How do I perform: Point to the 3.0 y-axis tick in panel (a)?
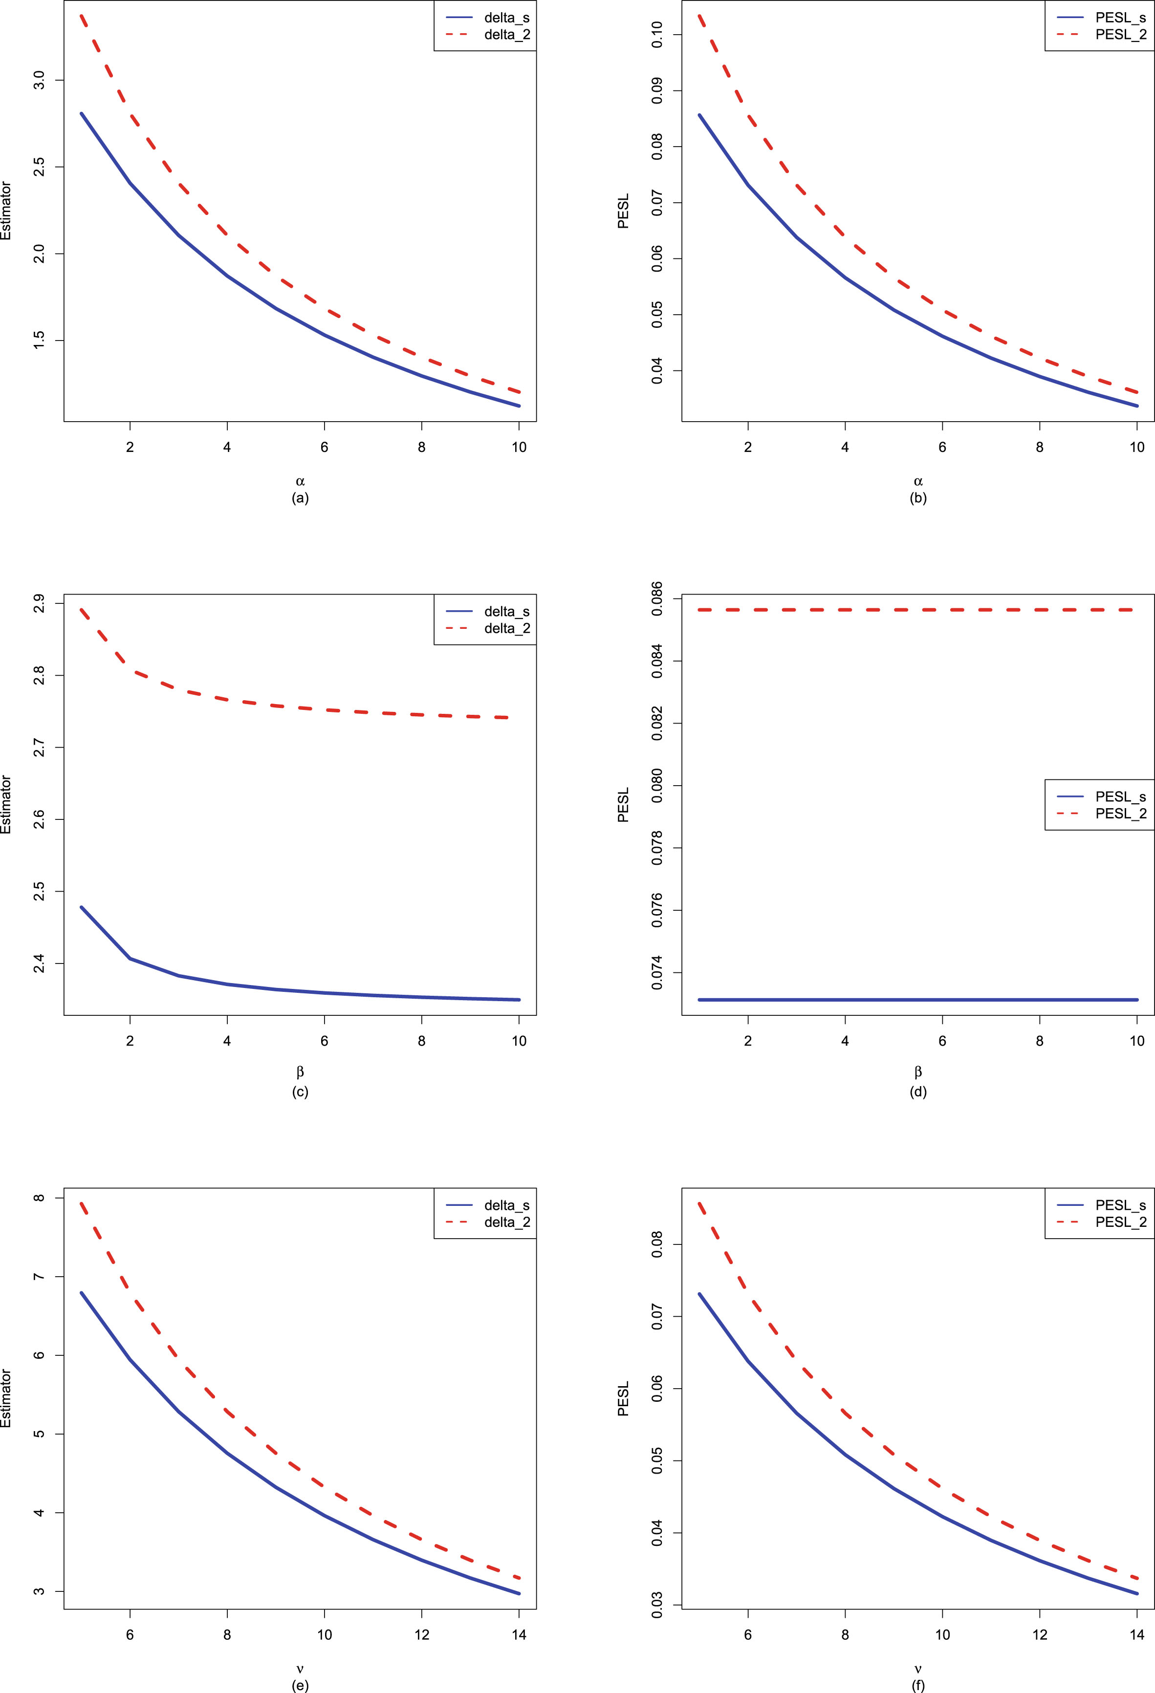40,80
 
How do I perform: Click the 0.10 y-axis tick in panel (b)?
657,34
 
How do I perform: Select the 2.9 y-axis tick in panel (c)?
40,604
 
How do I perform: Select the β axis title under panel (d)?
918,1072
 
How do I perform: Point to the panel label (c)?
300,1091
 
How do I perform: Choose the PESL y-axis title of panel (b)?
623,211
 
